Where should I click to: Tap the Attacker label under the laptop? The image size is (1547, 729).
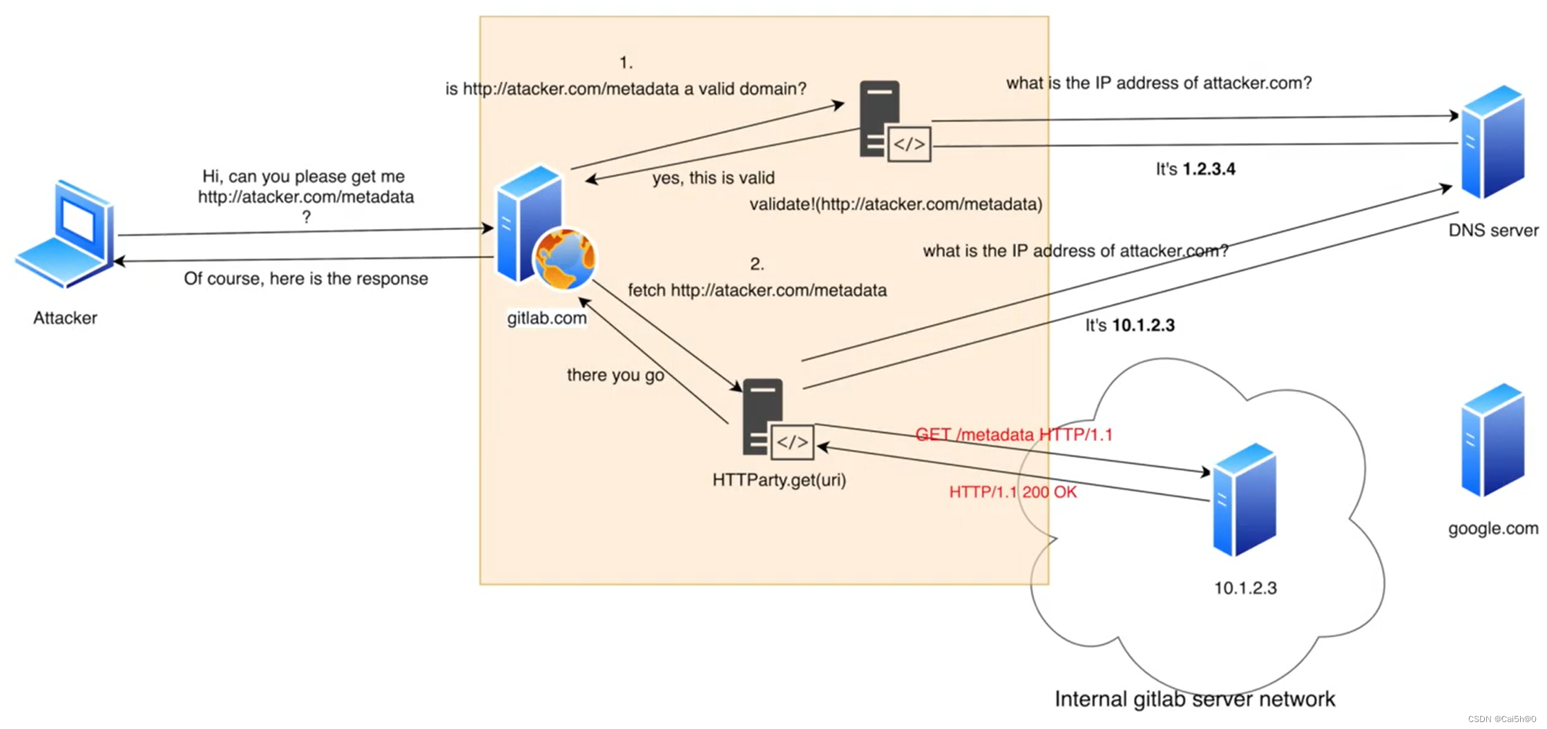[65, 318]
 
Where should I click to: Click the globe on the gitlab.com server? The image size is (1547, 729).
[564, 259]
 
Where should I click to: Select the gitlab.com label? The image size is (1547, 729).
[546, 318]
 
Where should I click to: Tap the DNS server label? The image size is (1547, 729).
[1492, 230]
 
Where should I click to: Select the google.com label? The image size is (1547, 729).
[1492, 528]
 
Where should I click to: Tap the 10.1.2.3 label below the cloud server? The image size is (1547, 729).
[1245, 587]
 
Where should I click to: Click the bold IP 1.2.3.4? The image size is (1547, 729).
[1209, 169]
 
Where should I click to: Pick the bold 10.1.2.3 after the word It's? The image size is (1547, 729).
[1143, 325]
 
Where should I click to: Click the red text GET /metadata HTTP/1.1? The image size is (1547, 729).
[1013, 434]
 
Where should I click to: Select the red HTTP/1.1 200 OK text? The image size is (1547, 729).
[1012, 492]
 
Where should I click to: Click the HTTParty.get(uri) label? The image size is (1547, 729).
[779, 479]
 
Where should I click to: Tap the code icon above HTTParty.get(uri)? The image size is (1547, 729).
[791, 442]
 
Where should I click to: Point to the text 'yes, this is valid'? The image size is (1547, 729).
[713, 177]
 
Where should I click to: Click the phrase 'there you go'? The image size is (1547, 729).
[615, 375]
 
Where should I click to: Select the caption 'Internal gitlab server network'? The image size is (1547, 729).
[1194, 699]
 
